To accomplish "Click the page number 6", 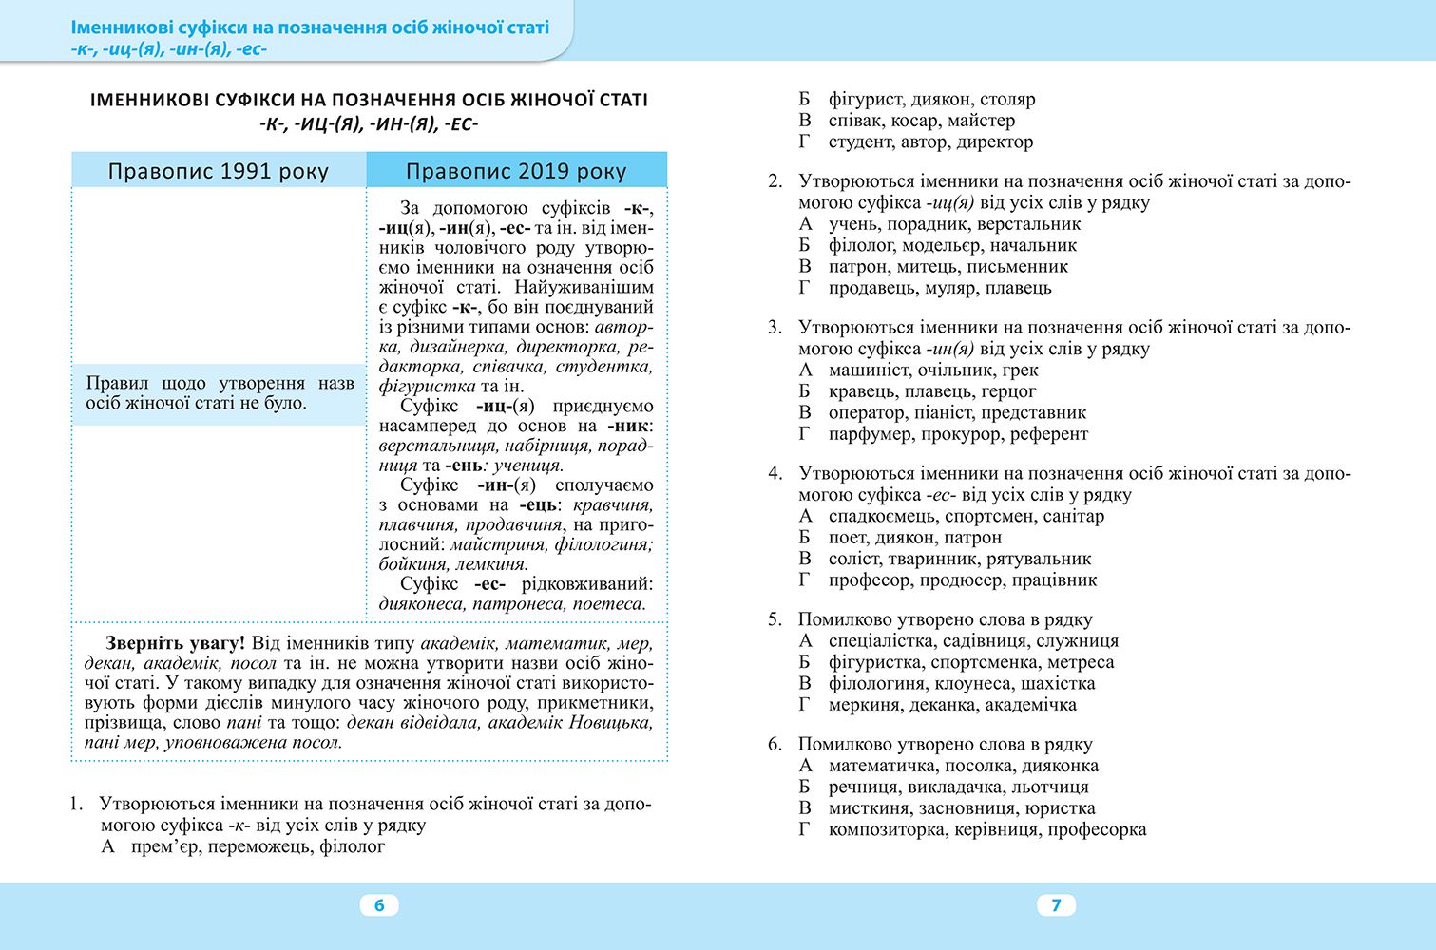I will pyautogui.click(x=379, y=905).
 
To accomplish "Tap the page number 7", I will pyautogui.click(x=1056, y=905).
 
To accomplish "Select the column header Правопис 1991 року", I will pyautogui.click(x=218, y=171).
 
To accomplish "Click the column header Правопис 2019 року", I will pyautogui.click(x=516, y=171).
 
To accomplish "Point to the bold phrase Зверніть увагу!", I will pyautogui.click(x=175, y=643).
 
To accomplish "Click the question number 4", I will pyautogui.click(x=775, y=473).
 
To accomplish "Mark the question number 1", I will pyautogui.click(x=76, y=804).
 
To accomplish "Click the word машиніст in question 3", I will pyautogui.click(x=869, y=370).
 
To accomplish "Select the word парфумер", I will pyautogui.click(x=870, y=433).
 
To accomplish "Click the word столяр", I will pyautogui.click(x=1007, y=99).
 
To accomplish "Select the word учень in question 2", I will pyautogui.click(x=853, y=223).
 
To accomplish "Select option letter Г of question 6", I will pyautogui.click(x=805, y=829).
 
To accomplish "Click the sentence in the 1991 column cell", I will pyautogui.click(x=220, y=392).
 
